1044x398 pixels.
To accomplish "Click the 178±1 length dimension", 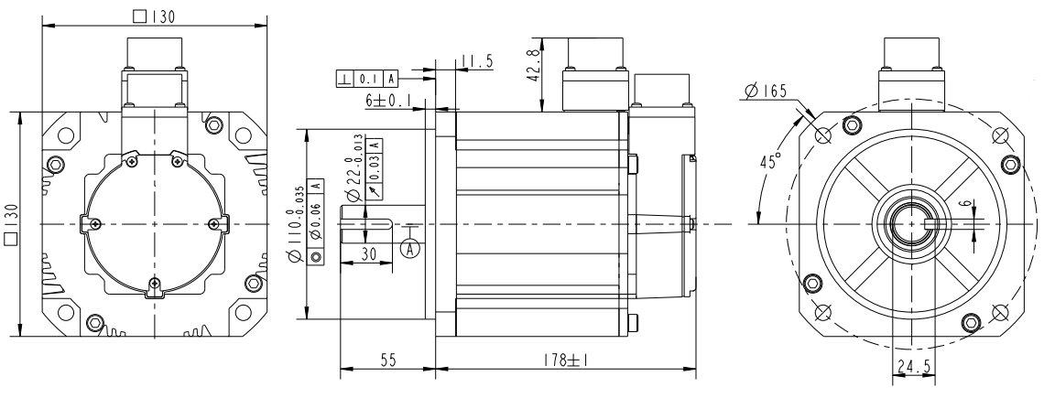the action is click(x=565, y=360).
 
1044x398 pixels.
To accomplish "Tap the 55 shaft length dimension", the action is click(x=388, y=360).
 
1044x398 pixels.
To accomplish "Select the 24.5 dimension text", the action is click(x=914, y=367).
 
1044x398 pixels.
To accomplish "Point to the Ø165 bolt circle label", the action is click(x=766, y=91).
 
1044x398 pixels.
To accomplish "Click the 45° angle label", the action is click(x=770, y=162).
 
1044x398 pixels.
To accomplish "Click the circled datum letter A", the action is click(x=411, y=248).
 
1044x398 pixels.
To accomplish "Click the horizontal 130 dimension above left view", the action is click(x=154, y=17).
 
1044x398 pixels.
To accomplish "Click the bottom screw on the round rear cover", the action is click(x=155, y=284).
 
